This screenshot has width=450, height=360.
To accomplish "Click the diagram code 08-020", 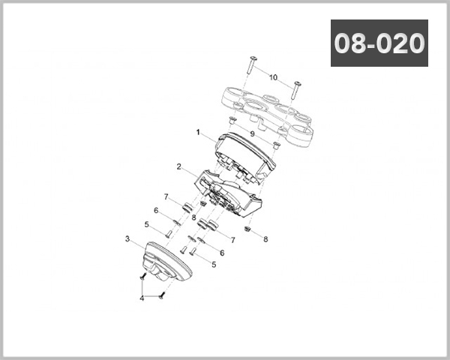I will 379,43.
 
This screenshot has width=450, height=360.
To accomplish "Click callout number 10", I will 273,77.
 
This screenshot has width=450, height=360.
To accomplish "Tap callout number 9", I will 253,134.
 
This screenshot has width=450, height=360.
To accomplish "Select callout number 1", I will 198,132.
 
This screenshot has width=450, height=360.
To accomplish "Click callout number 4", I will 142,298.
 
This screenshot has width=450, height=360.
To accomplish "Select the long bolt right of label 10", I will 298,89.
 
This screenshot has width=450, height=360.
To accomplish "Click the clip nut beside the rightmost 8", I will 248,229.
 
